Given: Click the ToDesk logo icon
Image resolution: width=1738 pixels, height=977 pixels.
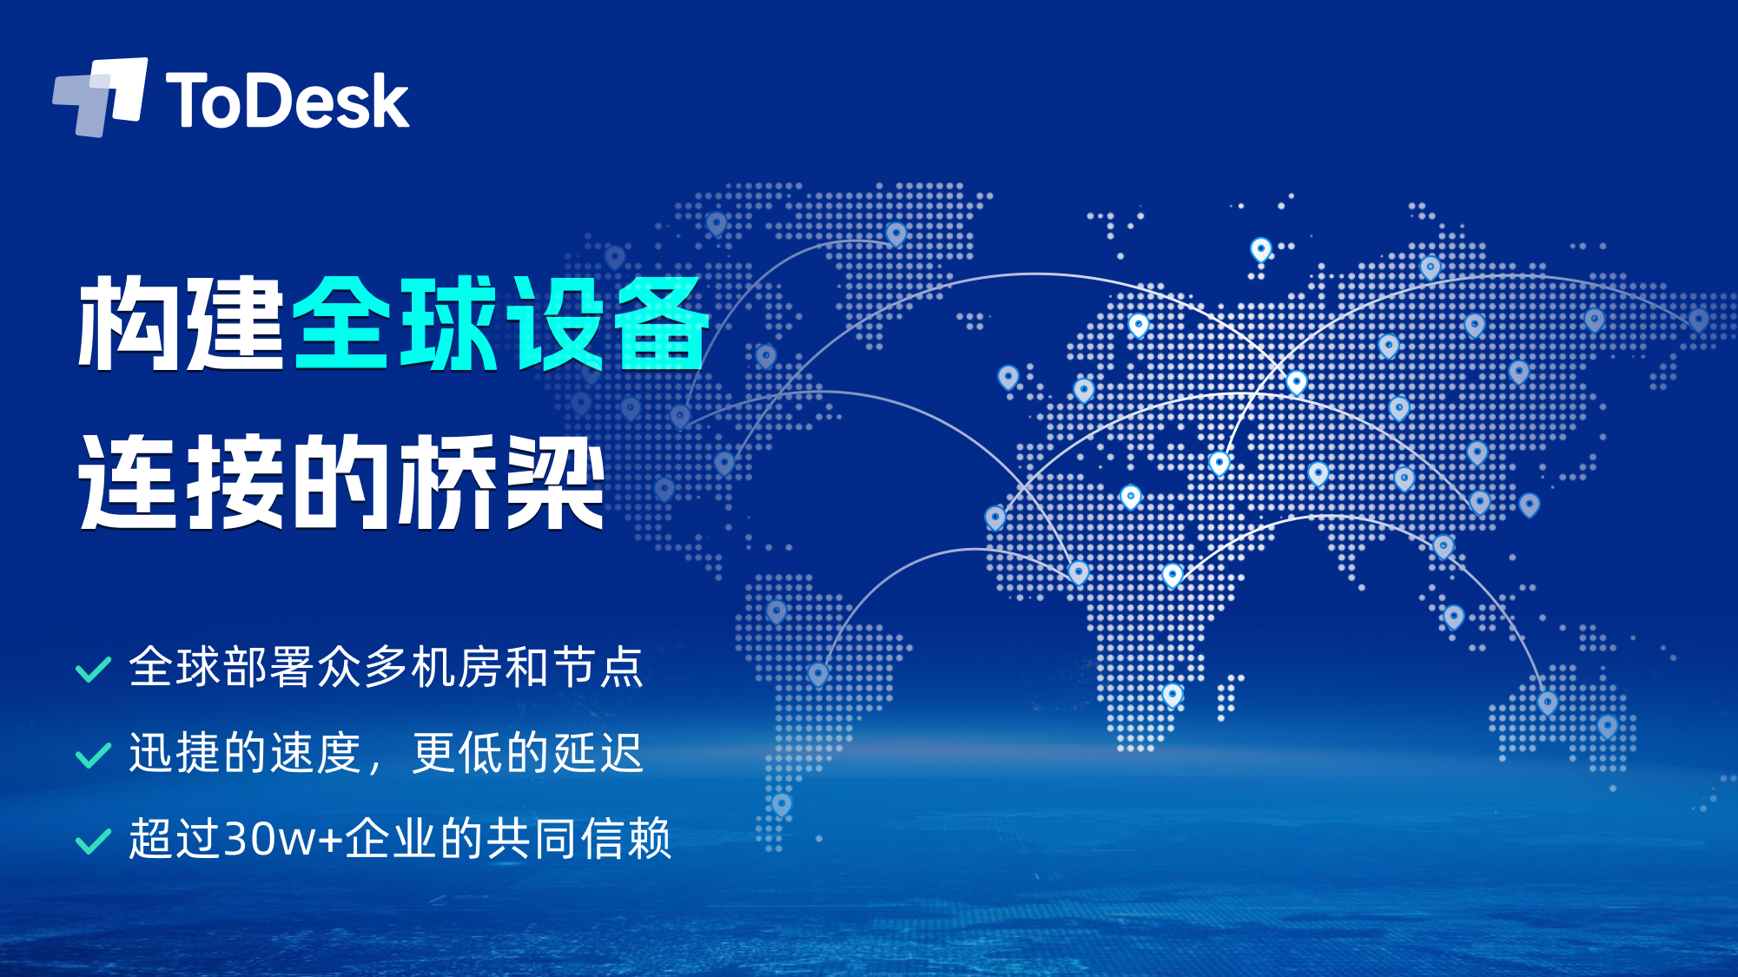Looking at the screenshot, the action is [x=100, y=96].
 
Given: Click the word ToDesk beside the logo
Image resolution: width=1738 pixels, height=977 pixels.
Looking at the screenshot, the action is [x=287, y=101].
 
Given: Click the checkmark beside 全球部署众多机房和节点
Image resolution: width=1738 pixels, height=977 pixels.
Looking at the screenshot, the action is [x=94, y=670].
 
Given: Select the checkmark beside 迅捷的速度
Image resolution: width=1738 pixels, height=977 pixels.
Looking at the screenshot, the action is [x=94, y=755].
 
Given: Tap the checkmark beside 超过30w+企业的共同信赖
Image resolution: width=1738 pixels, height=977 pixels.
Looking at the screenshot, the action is [x=94, y=841].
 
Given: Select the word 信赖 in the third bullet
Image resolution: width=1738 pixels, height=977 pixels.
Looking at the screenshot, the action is [x=625, y=838].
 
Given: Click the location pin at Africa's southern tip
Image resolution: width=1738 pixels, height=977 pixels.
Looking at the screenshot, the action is [x=1173, y=695].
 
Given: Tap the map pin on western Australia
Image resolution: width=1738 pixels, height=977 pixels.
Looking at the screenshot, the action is [x=1548, y=702].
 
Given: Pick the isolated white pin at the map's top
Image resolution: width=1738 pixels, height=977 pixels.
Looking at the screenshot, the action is [x=1261, y=250].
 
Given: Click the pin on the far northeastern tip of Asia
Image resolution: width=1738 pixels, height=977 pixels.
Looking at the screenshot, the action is [x=1698, y=319].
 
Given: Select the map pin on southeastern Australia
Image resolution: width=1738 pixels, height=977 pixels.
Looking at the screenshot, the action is [x=1608, y=726].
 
